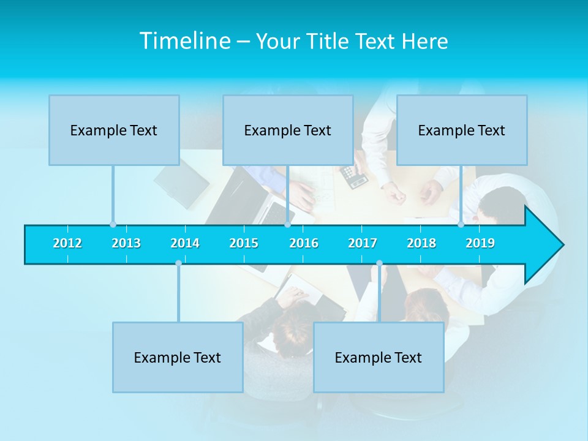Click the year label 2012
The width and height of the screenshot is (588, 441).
(67, 243)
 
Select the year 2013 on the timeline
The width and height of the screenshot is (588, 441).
(126, 243)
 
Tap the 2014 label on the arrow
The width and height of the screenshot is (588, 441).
(185, 243)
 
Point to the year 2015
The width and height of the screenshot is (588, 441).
(244, 243)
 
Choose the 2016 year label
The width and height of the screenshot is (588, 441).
(304, 243)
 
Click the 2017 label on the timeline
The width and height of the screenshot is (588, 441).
(363, 243)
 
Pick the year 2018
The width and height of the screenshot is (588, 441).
(421, 243)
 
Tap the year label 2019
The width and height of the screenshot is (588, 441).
(480, 243)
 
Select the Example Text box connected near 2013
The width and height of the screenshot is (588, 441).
(114, 130)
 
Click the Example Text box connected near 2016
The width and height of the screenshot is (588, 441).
(288, 130)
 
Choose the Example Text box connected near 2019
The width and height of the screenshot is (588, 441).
(462, 130)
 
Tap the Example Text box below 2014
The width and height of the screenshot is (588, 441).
(178, 357)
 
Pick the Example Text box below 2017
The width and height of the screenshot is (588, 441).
(379, 357)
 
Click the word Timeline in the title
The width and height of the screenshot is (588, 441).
(184, 41)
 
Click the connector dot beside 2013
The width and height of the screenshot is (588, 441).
(113, 224)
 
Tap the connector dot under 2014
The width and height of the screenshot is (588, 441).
(178, 263)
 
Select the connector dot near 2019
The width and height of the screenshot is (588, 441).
(461, 224)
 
